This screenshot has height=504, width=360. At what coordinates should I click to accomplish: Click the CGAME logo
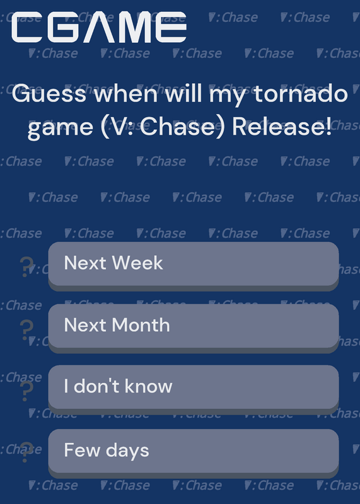click(99, 27)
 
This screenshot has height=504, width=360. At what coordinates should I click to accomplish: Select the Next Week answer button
click(194, 266)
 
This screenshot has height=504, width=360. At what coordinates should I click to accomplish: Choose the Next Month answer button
click(194, 328)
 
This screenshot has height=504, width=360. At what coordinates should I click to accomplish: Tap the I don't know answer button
click(194, 389)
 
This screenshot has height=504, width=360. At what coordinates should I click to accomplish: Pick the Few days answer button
click(194, 454)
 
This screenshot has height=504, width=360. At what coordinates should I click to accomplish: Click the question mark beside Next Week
click(26, 266)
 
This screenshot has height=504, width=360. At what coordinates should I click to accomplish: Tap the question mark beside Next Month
click(26, 329)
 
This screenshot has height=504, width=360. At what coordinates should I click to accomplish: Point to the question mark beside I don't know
click(26, 391)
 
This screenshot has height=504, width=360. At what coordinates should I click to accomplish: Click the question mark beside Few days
click(26, 452)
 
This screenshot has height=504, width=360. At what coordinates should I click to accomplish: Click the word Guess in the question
click(49, 93)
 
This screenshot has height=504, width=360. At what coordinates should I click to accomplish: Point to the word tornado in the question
click(301, 93)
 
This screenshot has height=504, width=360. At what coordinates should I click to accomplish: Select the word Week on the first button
click(137, 263)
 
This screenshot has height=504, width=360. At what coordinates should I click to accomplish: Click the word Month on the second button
click(141, 325)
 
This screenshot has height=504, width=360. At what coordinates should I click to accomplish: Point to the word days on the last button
click(127, 450)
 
